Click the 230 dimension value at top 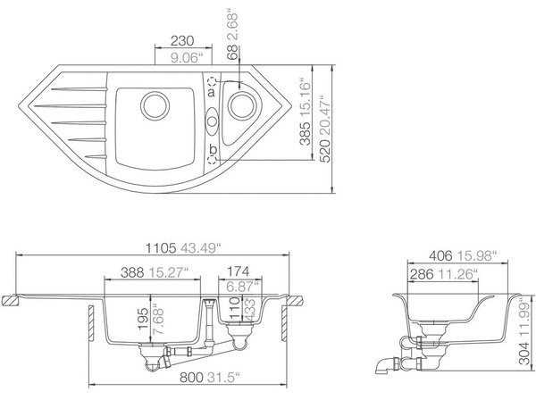[182, 41]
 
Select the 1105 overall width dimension [161, 248]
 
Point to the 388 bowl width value [132, 272]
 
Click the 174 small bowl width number [239, 271]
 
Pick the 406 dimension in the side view [440, 256]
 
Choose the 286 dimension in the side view [422, 274]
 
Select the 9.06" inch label [185, 58]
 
